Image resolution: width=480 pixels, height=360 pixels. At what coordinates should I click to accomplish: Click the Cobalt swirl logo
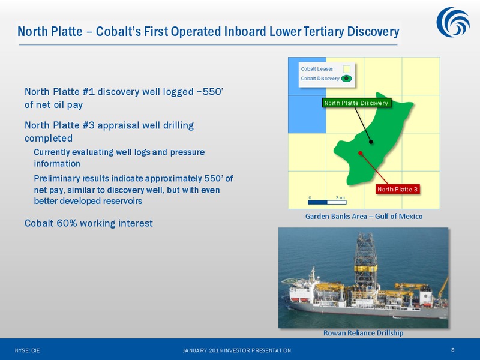tap(453, 22)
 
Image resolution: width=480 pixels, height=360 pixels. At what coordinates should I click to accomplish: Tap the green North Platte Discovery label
tap(356, 103)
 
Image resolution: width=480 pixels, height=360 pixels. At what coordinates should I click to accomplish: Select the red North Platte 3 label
tap(397, 189)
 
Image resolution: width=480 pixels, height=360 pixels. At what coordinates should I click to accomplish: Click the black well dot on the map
tap(371, 142)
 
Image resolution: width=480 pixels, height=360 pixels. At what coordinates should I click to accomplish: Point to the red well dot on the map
tap(361, 153)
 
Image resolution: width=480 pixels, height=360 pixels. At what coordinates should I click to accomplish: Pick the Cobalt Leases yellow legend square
tap(347, 69)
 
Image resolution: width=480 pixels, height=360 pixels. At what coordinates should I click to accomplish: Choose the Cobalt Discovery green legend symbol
tap(347, 79)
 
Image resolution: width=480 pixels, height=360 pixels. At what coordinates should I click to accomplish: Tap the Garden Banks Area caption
tap(364, 217)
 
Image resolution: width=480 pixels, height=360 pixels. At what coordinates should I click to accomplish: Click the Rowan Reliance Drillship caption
tap(364, 333)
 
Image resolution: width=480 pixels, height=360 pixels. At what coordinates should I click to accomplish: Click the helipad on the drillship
tap(290, 280)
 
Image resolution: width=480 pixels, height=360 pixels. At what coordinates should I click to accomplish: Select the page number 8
tap(453, 350)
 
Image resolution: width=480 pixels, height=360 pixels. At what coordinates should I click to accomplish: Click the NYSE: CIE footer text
tap(27, 350)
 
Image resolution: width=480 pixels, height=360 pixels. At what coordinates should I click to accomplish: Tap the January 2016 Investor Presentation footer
tap(236, 350)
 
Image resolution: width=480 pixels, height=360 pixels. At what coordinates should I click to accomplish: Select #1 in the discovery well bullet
tap(88, 92)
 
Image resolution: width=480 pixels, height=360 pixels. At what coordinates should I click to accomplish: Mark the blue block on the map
tap(307, 95)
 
